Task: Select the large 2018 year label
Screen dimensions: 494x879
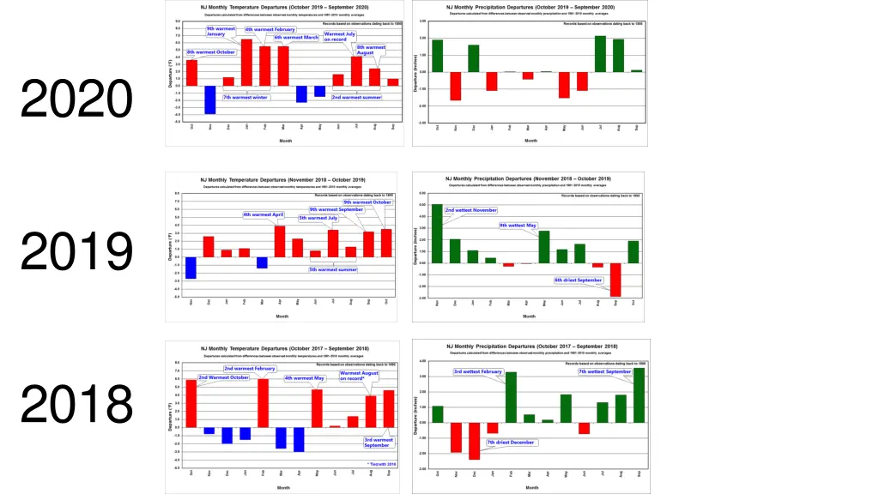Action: [76, 403]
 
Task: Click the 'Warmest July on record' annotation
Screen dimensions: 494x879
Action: [335, 37]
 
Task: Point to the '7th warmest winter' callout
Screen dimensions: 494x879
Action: [246, 97]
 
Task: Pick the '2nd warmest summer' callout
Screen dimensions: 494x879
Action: [356, 97]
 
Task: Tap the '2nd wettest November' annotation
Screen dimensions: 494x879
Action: [470, 210]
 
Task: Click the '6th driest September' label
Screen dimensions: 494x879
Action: [579, 280]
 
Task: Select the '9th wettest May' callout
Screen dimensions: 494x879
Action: [518, 226]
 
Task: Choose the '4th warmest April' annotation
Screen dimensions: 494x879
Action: [264, 214]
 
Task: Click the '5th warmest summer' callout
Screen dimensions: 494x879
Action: [333, 269]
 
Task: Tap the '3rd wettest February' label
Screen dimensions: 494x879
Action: [478, 371]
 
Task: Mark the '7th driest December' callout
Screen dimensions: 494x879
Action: [510, 443]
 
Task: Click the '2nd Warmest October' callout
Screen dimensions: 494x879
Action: [223, 377]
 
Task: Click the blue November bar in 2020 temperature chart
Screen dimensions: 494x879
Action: [209, 99]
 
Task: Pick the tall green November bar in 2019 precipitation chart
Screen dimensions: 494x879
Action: [437, 233]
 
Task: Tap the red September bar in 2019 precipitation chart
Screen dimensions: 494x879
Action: [615, 280]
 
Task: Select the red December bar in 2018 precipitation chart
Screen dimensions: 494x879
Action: [474, 441]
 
